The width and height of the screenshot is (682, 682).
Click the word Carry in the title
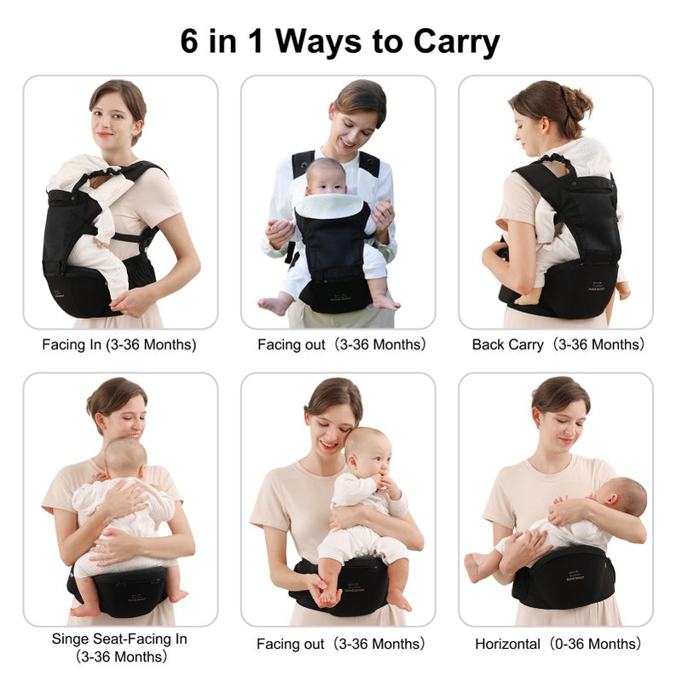click(x=456, y=40)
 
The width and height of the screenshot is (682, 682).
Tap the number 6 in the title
click(x=191, y=40)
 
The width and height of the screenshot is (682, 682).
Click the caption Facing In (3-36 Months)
click(x=119, y=345)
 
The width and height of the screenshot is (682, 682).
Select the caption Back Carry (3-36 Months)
click(x=558, y=345)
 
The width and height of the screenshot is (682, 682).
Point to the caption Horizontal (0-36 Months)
click(x=558, y=644)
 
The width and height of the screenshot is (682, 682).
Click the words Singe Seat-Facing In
click(x=119, y=639)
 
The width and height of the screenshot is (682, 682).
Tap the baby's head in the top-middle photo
click(x=327, y=174)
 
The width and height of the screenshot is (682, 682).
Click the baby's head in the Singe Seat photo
click(x=125, y=457)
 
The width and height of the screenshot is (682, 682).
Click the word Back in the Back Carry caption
click(x=488, y=345)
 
